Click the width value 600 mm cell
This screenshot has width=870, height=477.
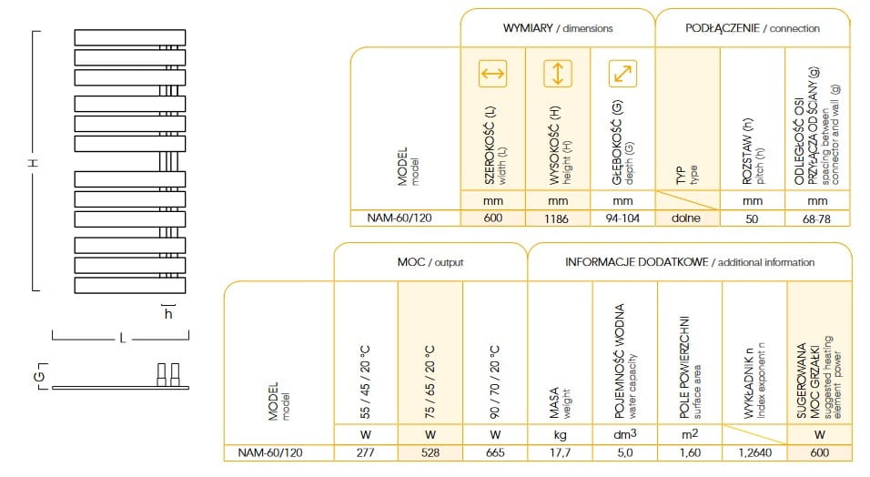(492, 218)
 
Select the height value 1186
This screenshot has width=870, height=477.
(556, 218)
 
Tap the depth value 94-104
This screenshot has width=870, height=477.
(622, 218)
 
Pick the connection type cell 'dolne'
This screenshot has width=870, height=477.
(686, 218)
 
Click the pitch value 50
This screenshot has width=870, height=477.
(752, 218)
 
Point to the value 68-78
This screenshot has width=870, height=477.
(816, 218)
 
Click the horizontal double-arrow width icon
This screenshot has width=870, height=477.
(492, 74)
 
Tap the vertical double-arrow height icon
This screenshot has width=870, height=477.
(558, 74)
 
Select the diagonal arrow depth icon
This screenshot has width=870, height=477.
(622, 74)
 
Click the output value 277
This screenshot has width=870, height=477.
(365, 452)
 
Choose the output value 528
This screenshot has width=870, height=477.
(430, 452)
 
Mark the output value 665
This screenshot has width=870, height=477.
(495, 452)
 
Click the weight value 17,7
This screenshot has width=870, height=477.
(560, 452)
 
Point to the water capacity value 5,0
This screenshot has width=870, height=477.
(625, 452)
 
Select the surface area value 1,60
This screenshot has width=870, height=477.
(690, 452)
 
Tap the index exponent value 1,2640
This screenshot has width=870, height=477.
(754, 452)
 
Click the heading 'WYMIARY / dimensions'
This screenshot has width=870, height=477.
(558, 28)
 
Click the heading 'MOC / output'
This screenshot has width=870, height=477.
(430, 262)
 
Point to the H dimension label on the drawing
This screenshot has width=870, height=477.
(34, 162)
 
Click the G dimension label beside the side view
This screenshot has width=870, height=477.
(39, 376)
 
